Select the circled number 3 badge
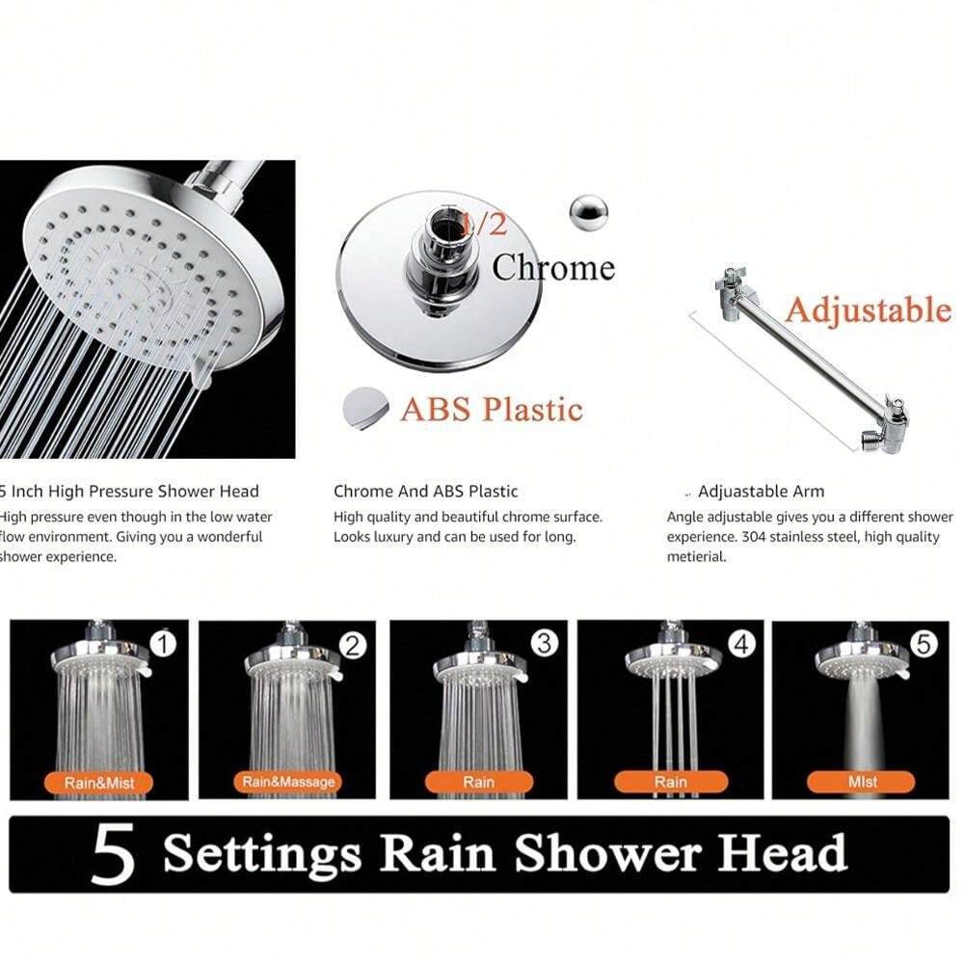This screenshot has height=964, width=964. click(x=545, y=643)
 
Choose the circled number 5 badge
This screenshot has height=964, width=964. click(x=924, y=644)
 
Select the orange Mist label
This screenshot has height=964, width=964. click(x=862, y=782)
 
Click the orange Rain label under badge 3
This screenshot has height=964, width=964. click(x=478, y=782)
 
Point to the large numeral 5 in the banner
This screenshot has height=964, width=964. click(x=113, y=855)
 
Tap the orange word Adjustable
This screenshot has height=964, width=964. click(x=867, y=309)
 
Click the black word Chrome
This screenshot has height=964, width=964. click(x=552, y=267)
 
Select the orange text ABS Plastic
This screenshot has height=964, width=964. click(x=492, y=409)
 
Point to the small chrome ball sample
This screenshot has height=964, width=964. click(x=587, y=213)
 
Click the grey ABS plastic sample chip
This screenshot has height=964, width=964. click(x=366, y=406)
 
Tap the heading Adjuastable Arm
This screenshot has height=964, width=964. click(x=761, y=492)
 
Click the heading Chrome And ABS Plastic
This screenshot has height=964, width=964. click(x=425, y=492)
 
